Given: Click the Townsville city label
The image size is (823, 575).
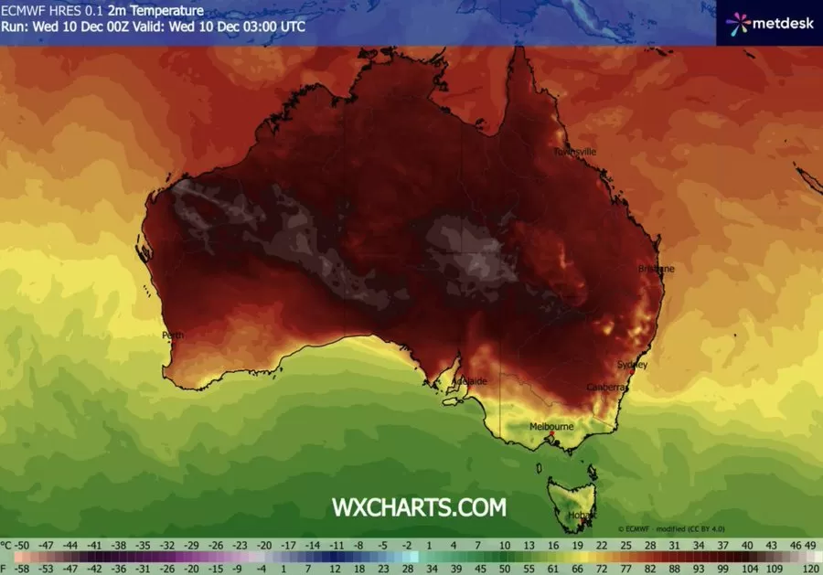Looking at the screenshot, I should pos(574,151).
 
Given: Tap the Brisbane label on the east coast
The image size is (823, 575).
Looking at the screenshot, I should pos(656,269).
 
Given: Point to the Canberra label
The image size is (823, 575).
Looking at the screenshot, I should pos(607,388).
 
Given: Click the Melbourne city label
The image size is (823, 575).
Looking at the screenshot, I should pos(551,426).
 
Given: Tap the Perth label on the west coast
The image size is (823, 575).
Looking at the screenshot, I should pos(173,335).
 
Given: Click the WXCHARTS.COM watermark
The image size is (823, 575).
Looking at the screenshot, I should pos(418,506).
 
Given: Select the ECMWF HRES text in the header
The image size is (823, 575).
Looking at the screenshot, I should pos(43,10).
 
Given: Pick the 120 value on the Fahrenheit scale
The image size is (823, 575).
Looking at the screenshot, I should pos(808,567).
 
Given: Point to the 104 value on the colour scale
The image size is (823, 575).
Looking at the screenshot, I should pos(755,567).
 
